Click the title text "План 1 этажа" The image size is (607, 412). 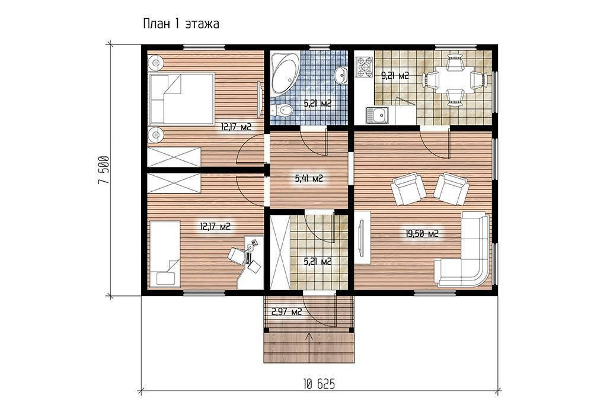tap(181, 24)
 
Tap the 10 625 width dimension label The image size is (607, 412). tap(319, 384)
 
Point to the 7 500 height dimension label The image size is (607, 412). tap(103, 170)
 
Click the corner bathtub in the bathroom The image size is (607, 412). tap(284, 74)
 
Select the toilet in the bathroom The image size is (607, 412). tap(282, 111)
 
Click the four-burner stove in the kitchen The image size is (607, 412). tap(365, 67)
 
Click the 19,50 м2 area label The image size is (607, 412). tap(421, 233)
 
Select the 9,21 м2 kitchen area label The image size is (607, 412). tap(395, 76)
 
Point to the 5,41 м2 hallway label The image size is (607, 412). tap(309, 178)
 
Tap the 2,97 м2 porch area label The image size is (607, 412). tap(287, 311)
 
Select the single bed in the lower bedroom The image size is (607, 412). tap(165, 254)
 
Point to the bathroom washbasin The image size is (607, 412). tap(341, 75)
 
